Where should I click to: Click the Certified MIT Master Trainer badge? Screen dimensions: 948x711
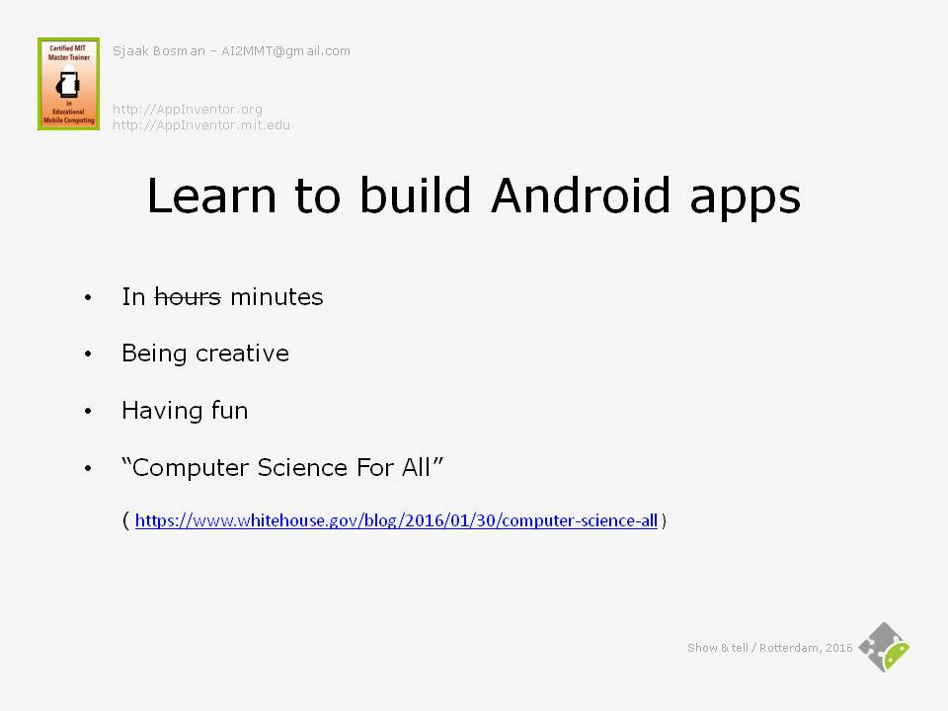68,83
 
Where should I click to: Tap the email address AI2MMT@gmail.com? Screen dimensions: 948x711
285,51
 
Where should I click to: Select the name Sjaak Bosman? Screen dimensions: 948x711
158,51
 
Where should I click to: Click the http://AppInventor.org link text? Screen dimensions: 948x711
188,110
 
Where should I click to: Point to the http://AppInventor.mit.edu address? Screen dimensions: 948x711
201,125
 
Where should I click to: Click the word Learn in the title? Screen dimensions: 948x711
211,196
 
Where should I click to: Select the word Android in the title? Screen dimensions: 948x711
581,196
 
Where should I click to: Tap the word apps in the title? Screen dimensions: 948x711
745,199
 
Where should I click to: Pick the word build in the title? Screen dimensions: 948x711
416,195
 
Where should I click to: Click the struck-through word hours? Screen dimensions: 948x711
188,297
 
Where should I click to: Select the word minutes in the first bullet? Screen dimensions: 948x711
276,297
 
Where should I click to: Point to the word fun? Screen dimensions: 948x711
230,411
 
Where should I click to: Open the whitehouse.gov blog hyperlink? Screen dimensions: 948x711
396,520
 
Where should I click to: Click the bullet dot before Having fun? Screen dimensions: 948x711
88,411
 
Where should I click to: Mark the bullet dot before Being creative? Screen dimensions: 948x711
88,354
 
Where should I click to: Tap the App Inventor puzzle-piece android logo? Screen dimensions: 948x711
885,647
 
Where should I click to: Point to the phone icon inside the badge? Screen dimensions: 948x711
68,85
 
